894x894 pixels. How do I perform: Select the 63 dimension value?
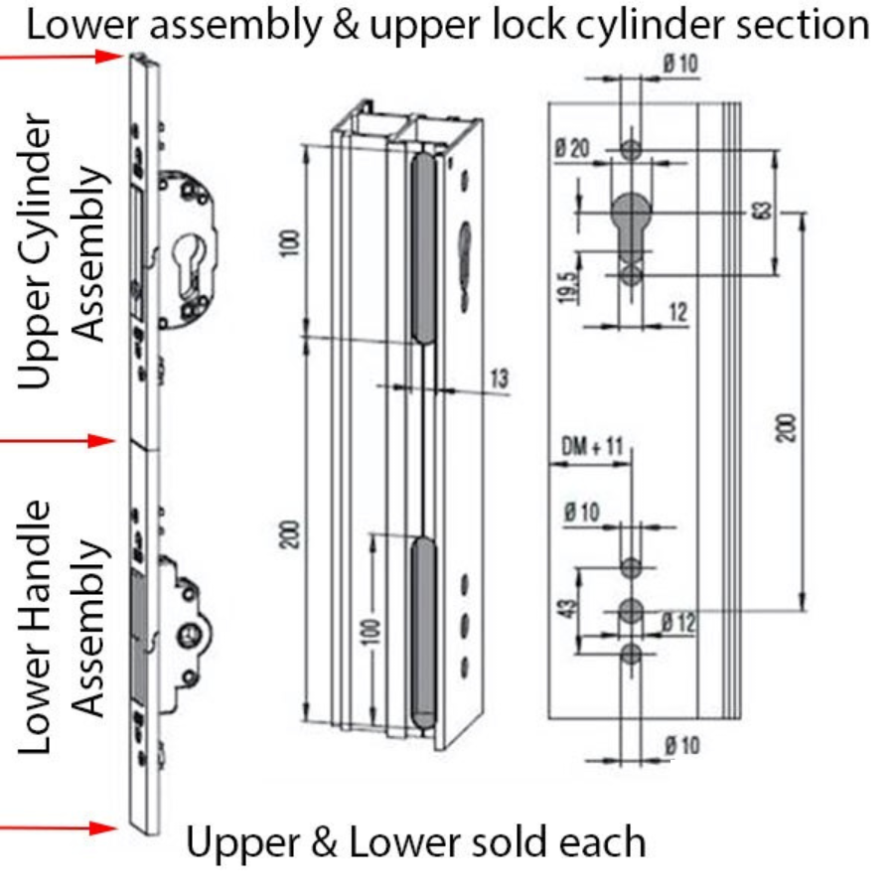(x=763, y=211)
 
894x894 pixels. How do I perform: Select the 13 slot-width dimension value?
(x=499, y=377)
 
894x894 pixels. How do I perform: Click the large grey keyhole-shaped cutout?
(x=630, y=214)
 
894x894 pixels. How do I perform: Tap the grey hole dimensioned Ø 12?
(x=631, y=611)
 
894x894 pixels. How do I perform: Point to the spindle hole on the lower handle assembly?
(x=188, y=633)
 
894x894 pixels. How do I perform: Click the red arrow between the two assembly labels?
(x=60, y=440)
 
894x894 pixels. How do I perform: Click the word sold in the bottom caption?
(x=475, y=843)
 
